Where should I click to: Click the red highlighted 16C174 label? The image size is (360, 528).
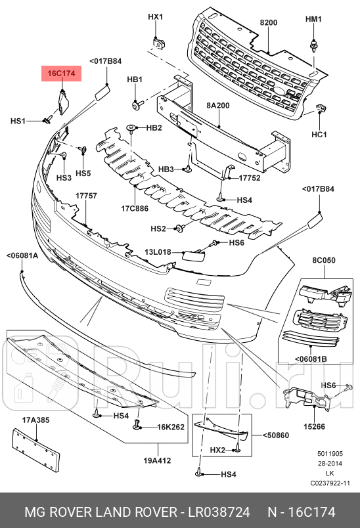(62, 74)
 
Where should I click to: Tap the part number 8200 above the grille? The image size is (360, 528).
(269, 22)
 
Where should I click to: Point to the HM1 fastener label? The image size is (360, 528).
(313, 19)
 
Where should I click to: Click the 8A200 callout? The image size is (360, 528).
(218, 105)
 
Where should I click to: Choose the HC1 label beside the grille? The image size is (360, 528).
(319, 135)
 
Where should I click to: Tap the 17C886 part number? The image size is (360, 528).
(134, 209)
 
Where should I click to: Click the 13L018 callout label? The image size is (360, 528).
(158, 252)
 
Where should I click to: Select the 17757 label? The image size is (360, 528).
(86, 196)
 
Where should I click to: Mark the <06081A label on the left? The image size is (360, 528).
(22, 256)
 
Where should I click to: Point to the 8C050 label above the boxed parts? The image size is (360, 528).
(323, 261)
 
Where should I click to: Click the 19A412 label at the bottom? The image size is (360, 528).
(158, 460)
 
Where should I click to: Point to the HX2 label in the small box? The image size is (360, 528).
(218, 449)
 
